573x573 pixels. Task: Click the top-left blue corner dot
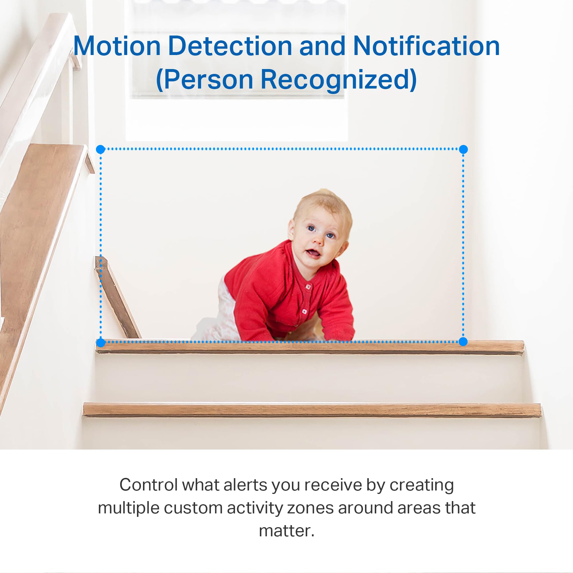pos(101,149)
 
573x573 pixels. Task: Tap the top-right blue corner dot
pos(463,149)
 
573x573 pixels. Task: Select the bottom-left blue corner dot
pos(101,343)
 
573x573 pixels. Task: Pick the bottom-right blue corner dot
pos(463,342)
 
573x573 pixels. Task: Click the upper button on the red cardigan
pos(309,287)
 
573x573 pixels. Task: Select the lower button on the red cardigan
pos(304,311)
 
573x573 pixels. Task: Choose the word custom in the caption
pos(193,508)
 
